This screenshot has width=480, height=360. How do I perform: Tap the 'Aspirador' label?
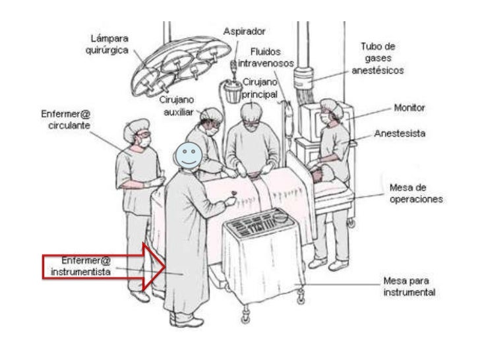tap(245, 31)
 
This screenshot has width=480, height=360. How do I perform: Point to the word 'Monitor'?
tap(409, 107)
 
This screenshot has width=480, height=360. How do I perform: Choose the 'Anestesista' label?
tap(400, 133)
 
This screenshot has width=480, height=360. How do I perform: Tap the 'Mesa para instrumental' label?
tap(409, 287)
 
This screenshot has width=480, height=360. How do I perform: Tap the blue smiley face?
tap(188, 155)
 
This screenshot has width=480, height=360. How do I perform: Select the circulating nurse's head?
tap(140, 131)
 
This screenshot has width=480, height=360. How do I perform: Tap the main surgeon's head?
tap(253, 113)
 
